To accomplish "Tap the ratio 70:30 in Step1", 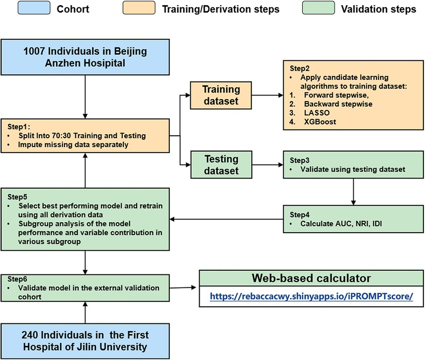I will (x=60, y=135).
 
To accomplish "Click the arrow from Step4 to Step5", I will (x=227, y=220).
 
